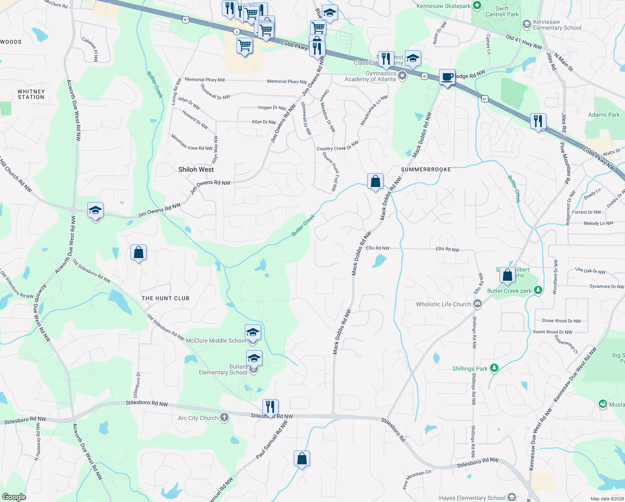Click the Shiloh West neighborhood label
(196, 169)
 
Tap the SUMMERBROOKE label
(426, 169)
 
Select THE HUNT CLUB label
(165, 298)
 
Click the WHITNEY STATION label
(31, 94)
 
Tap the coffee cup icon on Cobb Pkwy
(447, 77)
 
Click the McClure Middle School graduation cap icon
(253, 333)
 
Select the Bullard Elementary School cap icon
(254, 359)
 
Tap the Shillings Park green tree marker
(494, 368)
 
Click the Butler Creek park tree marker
(538, 290)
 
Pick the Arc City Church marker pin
(224, 417)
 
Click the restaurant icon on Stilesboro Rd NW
(270, 407)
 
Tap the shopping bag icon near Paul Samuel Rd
(302, 458)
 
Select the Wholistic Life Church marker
(478, 304)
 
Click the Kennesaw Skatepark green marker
(477, 6)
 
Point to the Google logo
(14, 497)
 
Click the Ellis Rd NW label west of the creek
(377, 248)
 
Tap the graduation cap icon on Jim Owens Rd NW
(96, 210)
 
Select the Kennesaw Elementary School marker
(527, 24)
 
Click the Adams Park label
(604, 115)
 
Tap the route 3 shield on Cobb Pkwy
(236, 32)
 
